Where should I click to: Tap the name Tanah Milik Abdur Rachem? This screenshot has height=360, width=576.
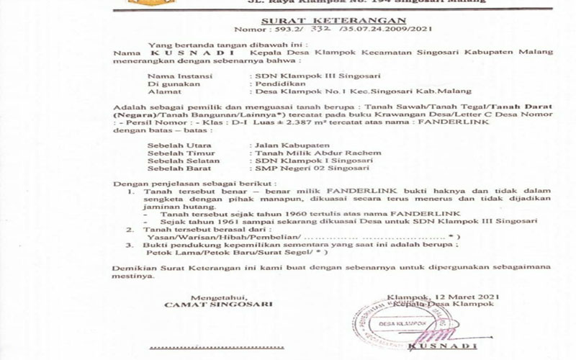click(312, 153)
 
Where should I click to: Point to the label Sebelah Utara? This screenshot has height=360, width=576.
click(175, 145)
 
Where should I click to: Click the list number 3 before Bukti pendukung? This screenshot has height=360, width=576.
click(128, 245)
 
